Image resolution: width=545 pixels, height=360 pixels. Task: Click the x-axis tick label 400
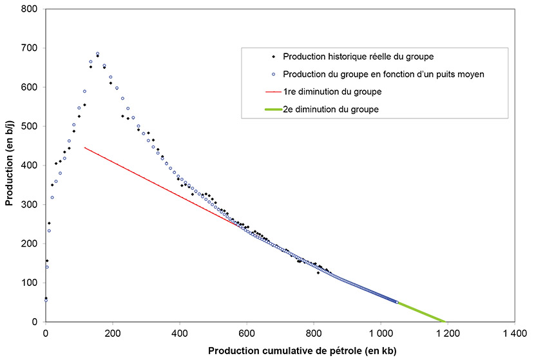coord(180,334)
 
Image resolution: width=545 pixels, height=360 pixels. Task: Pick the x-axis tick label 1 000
coord(380,334)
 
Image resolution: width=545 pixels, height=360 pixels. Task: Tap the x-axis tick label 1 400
coord(514,334)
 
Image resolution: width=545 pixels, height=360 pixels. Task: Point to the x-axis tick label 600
coord(247,334)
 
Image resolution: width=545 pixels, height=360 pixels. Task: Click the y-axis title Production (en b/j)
coord(10,166)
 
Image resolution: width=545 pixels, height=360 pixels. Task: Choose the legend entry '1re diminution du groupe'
coord(332,91)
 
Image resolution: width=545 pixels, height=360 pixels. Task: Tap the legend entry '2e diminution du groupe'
coord(330,109)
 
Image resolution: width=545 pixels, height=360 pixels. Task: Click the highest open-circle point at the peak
coord(98,54)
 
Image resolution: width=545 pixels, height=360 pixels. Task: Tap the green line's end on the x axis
coord(445,321)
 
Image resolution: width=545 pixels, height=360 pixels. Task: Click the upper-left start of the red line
coord(85,147)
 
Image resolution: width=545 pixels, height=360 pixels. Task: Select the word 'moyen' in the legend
coord(471,74)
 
